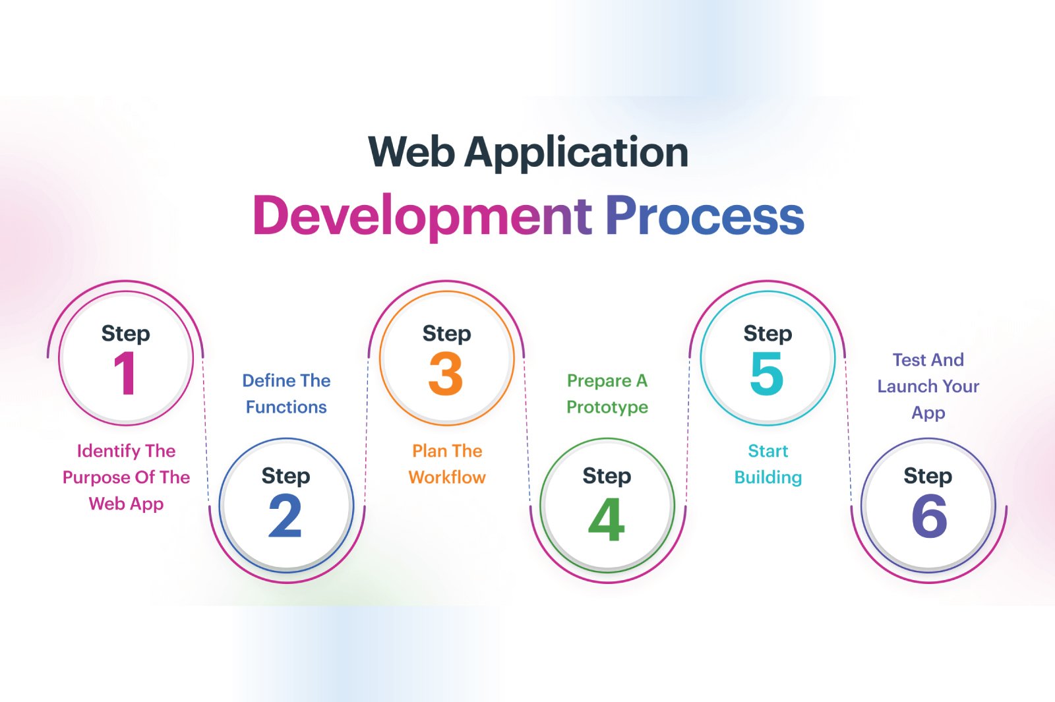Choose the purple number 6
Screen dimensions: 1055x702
click(929, 516)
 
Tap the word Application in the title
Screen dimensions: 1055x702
click(576, 154)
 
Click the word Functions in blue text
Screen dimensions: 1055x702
click(286, 407)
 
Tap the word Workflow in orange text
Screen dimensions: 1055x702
click(447, 477)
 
